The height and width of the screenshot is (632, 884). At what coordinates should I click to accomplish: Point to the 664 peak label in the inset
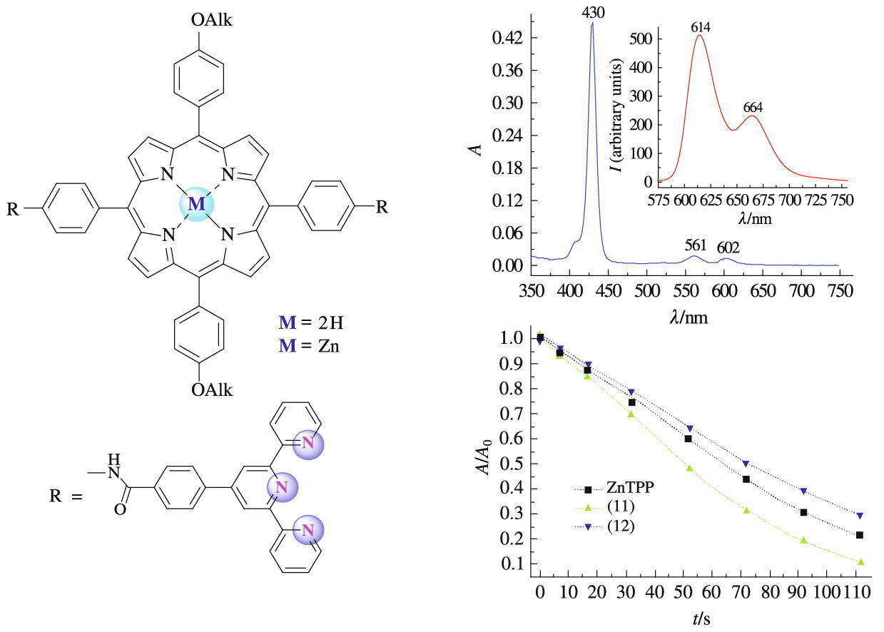[753, 108]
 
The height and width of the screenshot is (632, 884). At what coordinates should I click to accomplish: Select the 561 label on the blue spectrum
[695, 246]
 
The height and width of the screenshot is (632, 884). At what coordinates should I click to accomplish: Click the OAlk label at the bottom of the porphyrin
[212, 390]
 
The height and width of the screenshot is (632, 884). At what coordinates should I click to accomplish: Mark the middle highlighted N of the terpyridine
[281, 488]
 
